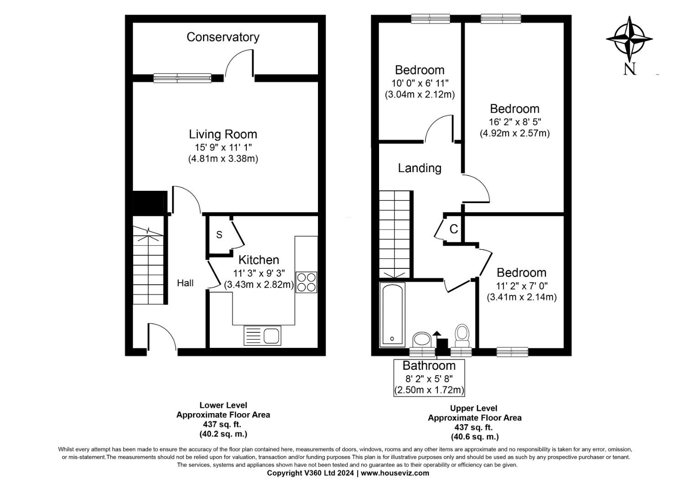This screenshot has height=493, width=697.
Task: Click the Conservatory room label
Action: pyautogui.click(x=223, y=37)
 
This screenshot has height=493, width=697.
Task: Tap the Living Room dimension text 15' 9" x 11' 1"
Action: pyautogui.click(x=223, y=147)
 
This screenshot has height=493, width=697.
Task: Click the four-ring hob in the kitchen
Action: pyautogui.click(x=306, y=282)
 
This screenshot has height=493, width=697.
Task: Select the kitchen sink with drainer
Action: pyautogui.click(x=262, y=336)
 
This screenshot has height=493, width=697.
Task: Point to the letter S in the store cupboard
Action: pyautogui.click(x=219, y=235)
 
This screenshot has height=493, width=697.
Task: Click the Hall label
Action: pyautogui.click(x=185, y=283)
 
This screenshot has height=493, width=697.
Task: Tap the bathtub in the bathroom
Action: pyautogui.click(x=392, y=315)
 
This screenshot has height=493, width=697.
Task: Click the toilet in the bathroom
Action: pyautogui.click(x=462, y=336)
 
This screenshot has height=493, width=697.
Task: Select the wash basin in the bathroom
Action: pyautogui.click(x=421, y=340)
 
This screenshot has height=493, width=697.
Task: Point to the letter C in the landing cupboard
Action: pyautogui.click(x=454, y=229)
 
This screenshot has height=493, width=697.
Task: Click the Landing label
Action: pyautogui.click(x=420, y=168)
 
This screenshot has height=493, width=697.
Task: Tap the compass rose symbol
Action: pyautogui.click(x=629, y=39)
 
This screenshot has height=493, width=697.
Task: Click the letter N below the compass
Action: pyautogui.click(x=630, y=69)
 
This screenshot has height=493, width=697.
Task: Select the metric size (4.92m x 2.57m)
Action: pyautogui.click(x=515, y=133)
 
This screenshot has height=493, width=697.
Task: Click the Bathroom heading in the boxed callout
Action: pyautogui.click(x=429, y=365)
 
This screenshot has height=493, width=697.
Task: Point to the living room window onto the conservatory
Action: pyautogui.click(x=182, y=78)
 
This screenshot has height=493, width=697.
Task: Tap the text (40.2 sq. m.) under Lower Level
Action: pyautogui.click(x=224, y=434)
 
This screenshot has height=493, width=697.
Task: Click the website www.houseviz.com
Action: pyautogui.click(x=395, y=473)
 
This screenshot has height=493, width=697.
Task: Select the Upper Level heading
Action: pyautogui.click(x=473, y=408)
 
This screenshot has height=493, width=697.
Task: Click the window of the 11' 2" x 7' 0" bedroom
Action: pyautogui.click(x=512, y=352)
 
